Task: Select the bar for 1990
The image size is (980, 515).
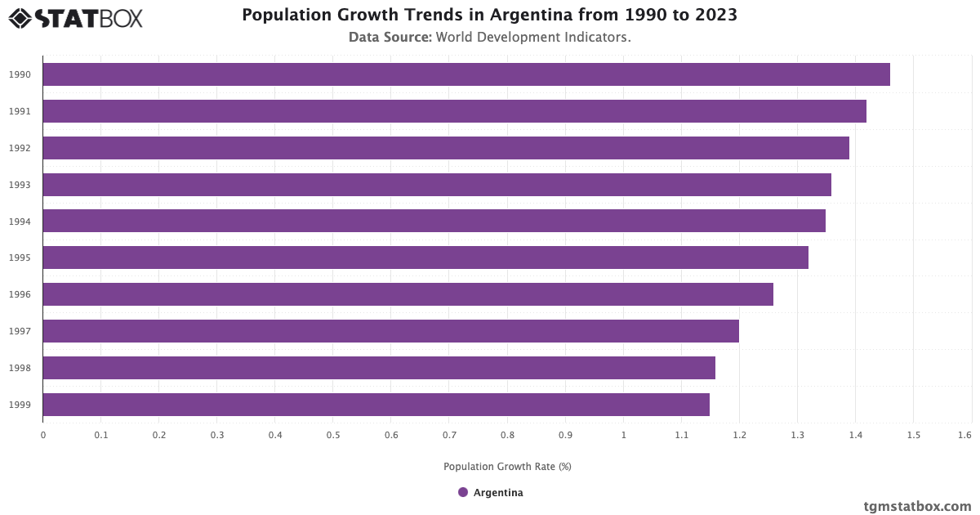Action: (465, 74)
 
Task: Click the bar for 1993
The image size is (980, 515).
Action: (437, 185)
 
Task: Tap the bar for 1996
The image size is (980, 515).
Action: (408, 294)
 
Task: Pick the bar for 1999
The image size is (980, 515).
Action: (376, 405)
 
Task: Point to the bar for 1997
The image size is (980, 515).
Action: (390, 331)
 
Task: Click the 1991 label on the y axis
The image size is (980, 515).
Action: (20, 111)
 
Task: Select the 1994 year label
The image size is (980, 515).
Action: (20, 222)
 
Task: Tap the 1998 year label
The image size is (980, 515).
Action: (20, 368)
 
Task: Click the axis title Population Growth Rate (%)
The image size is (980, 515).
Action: (507, 467)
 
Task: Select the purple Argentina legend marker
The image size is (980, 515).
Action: (463, 492)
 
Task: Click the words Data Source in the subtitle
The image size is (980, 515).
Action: (390, 38)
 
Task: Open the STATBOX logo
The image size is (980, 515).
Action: (76, 17)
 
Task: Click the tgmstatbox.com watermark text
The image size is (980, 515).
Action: (917, 507)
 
